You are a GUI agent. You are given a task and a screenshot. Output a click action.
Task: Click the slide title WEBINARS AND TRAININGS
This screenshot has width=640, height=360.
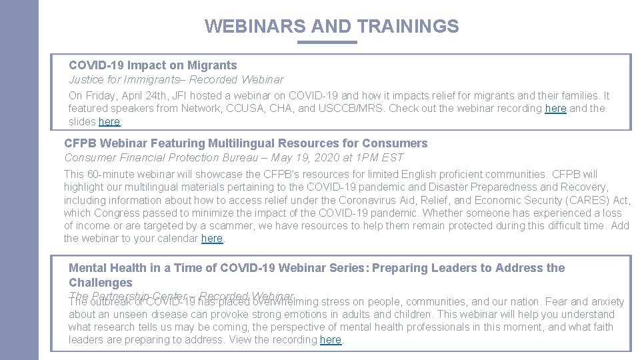click(x=331, y=26)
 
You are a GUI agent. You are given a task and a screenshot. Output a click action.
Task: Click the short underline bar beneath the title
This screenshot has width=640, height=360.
click(x=327, y=42)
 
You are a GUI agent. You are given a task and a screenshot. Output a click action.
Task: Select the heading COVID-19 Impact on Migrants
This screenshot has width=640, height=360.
click(x=153, y=65)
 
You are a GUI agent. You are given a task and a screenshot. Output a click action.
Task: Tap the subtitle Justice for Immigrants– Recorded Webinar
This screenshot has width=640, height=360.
click(x=176, y=79)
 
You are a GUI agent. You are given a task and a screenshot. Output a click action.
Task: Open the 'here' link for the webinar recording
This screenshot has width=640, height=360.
click(x=555, y=109)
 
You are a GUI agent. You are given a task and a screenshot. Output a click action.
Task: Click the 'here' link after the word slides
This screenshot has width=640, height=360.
click(x=109, y=122)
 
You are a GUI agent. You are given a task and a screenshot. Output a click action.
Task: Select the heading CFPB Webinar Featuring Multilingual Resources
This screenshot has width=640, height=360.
click(x=245, y=143)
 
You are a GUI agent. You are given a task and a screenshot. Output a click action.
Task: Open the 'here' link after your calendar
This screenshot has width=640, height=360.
click(x=212, y=239)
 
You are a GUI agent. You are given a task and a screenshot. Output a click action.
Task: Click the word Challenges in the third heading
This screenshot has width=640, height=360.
click(x=101, y=283)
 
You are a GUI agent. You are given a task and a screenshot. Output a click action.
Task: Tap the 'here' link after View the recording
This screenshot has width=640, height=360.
click(x=331, y=340)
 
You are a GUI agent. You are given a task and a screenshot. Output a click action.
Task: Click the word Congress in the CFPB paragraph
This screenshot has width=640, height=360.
click(x=117, y=213)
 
